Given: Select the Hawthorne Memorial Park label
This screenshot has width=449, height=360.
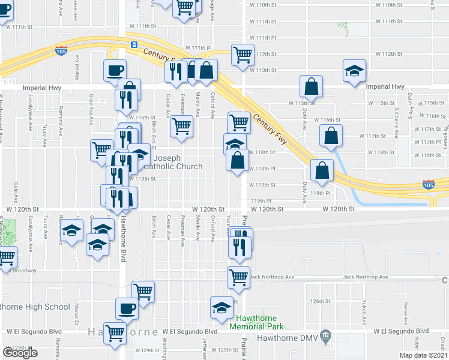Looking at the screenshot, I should pyautogui.click(x=259, y=322).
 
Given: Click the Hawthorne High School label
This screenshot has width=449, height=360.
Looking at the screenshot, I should pyautogui.click(x=35, y=307).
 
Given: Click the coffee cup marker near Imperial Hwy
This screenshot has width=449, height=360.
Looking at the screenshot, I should pyautogui.click(x=114, y=71).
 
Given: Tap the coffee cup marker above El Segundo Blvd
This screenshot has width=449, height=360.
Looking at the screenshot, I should pyautogui.click(x=126, y=308).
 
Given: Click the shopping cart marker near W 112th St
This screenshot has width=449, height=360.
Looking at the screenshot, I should pyautogui.click(x=243, y=55).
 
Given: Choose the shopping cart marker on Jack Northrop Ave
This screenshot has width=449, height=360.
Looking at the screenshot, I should pyautogui.click(x=238, y=277).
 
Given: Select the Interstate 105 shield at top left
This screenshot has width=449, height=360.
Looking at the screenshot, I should pyautogui.click(x=60, y=50).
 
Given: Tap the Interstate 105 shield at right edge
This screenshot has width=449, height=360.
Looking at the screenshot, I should pyautogui.click(x=428, y=183).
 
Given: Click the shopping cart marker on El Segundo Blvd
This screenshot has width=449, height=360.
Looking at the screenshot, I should pyautogui.click(x=115, y=332).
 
